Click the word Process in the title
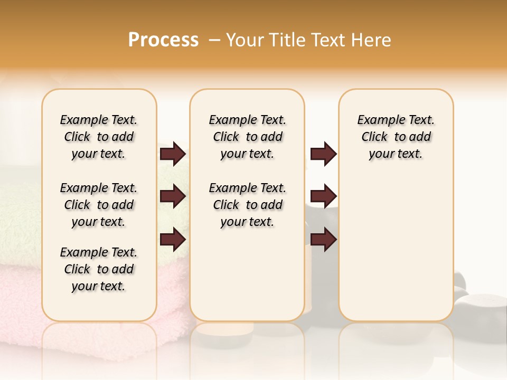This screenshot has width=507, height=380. [163, 40]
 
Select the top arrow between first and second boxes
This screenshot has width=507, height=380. [173, 154]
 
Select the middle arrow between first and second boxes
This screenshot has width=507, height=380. [173, 196]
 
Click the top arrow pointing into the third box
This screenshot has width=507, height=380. [323, 154]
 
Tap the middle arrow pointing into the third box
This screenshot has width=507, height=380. [323, 196]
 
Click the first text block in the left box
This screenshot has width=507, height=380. [99, 137]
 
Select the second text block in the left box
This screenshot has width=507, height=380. [99, 205]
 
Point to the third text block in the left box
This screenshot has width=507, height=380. [99, 269]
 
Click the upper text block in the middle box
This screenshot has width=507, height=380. [247, 137]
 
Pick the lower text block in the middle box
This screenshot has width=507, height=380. [247, 205]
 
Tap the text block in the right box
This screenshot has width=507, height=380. [396, 137]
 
